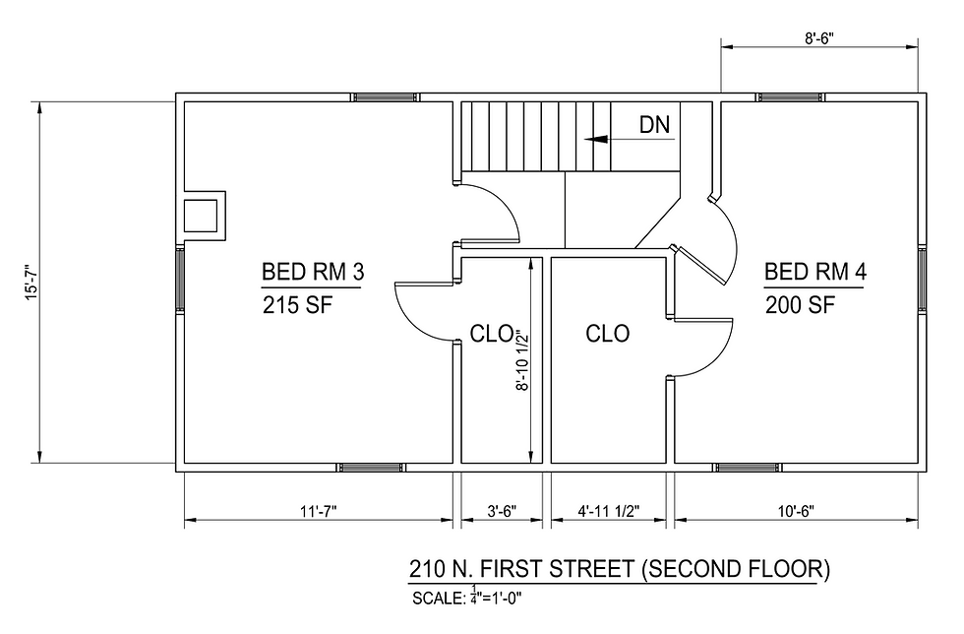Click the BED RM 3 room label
click(313, 272)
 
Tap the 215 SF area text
click(297, 304)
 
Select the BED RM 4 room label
click(815, 272)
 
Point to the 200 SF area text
click(801, 304)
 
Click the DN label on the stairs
click(654, 124)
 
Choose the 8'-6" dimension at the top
click(818, 38)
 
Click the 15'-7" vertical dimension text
click(31, 282)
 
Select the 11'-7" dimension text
click(319, 512)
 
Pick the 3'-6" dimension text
click(502, 512)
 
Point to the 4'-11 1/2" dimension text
click(609, 512)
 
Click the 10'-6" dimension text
click(796, 512)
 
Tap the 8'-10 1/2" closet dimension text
click(522, 360)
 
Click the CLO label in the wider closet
click(608, 334)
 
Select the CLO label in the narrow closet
click(491, 334)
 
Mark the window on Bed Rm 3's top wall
click(386, 97)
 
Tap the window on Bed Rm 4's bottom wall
click(747, 468)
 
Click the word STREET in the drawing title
click(591, 569)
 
